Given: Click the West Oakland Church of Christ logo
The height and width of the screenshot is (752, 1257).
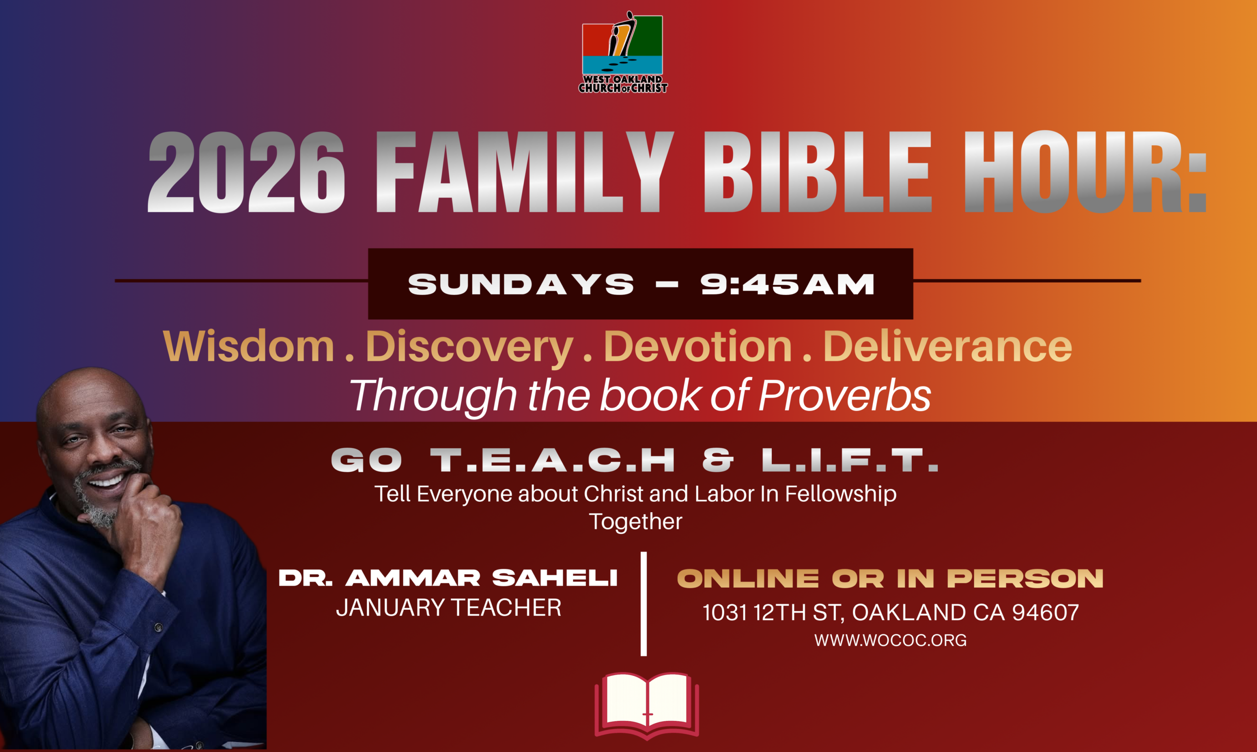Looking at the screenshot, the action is tap(623, 52).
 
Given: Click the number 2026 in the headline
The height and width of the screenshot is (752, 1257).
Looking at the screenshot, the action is tap(246, 172).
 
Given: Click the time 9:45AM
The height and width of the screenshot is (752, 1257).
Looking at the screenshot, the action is tap(788, 285).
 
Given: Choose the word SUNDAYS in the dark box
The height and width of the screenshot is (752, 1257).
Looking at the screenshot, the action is tap(521, 285).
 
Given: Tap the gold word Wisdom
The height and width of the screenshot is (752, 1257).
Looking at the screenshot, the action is tap(248, 346).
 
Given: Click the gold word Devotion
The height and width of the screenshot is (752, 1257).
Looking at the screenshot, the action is tap(698, 346).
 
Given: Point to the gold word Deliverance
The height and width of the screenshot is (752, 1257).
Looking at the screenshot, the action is tap(948, 346).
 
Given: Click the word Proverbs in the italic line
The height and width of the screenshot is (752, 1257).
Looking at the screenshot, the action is tap(845, 395).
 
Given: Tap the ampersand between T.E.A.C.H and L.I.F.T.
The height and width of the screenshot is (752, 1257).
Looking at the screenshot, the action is tap(718, 460).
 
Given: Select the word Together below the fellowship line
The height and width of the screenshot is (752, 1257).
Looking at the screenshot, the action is tap(635, 521).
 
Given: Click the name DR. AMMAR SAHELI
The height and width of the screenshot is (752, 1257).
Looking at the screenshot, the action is tap(448, 578).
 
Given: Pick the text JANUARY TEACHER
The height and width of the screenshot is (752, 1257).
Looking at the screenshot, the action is tap(449, 608).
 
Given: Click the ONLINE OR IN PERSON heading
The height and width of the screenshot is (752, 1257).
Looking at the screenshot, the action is tap(890, 579).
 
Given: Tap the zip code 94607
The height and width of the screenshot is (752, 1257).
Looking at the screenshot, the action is tap(1045, 613).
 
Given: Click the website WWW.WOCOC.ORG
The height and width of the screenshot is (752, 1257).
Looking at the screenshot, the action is tap(890, 641).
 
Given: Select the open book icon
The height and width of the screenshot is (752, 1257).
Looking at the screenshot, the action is tap(647, 705).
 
